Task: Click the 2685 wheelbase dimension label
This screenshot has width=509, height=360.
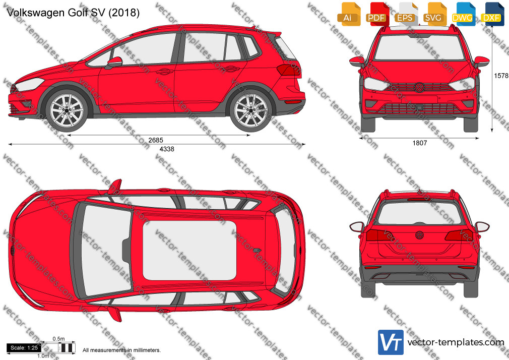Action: tap(156, 140)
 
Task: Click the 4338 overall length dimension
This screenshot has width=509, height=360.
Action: tap(167, 149)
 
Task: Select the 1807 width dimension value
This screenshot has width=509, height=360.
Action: tap(420, 143)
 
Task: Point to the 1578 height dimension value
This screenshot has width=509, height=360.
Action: tap(501, 76)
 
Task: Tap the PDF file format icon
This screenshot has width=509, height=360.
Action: tap(376, 14)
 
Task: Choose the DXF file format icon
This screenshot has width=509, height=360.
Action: tap(492, 14)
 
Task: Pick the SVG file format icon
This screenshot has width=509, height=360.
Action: tap(434, 14)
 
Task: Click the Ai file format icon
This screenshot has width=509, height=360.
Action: tap(348, 14)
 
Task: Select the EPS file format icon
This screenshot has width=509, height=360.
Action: tap(405, 14)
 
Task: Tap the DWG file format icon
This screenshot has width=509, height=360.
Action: tap(463, 14)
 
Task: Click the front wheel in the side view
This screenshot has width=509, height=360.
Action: tap(67, 110)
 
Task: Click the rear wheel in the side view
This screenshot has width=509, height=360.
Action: tap(250, 110)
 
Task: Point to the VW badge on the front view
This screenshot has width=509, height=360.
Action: tap(419, 87)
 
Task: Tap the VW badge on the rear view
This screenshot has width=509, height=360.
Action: tap(419, 235)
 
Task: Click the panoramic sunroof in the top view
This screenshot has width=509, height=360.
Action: tap(189, 251)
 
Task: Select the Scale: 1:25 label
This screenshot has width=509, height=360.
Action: tap(24, 348)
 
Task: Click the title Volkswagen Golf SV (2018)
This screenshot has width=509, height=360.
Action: tap(73, 13)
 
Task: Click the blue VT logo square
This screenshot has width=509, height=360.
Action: tap(391, 342)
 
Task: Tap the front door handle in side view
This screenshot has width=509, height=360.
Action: tap(164, 71)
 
